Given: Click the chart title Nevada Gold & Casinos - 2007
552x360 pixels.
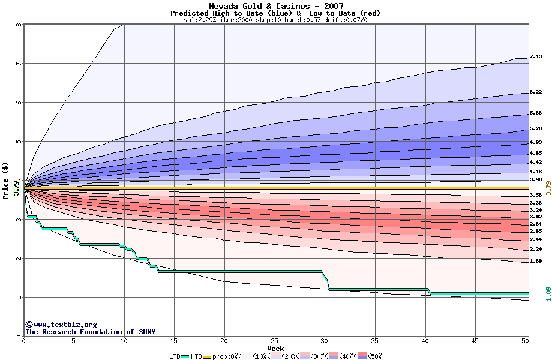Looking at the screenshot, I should pyautogui.click(x=275, y=6).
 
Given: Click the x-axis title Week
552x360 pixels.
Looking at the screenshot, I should pyautogui.click(x=275, y=348).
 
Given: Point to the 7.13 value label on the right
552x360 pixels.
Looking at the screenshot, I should pyautogui.click(x=535, y=57).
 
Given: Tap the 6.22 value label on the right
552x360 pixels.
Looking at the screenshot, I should pyautogui.click(x=535, y=92).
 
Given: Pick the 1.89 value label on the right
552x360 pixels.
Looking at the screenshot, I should pyautogui.click(x=535, y=261).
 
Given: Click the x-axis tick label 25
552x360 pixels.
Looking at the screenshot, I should pyautogui.click(x=274, y=341).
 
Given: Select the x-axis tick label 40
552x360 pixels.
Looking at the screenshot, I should pyautogui.click(x=425, y=341).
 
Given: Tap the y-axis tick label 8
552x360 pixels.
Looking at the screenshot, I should pyautogui.click(x=19, y=25).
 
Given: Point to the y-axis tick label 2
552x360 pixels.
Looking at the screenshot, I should pyautogui.click(x=19, y=259).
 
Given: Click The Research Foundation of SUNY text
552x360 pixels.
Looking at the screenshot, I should pyautogui.click(x=90, y=332).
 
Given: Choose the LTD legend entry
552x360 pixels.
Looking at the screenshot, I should pyautogui.click(x=175, y=356).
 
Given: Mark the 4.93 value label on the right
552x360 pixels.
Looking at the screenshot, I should pyautogui.click(x=535, y=142).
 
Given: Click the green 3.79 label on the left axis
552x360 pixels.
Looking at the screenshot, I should pyautogui.click(x=16, y=189).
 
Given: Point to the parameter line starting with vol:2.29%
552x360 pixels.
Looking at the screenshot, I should pyautogui.click(x=275, y=20).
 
